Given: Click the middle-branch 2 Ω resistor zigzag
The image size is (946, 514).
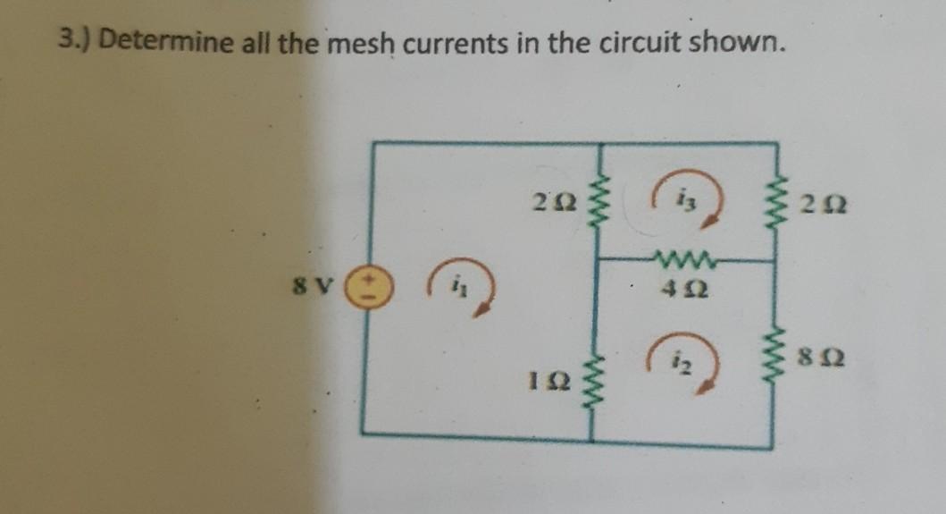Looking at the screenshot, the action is (x=597, y=202).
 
